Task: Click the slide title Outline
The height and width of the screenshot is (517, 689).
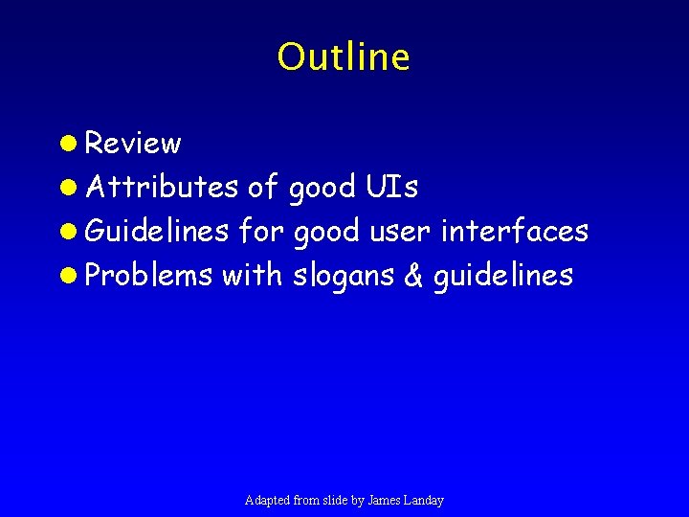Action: click(344, 57)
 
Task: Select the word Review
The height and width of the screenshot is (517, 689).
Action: click(133, 144)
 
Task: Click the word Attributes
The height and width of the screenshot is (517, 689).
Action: click(162, 188)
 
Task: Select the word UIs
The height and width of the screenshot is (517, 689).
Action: click(392, 188)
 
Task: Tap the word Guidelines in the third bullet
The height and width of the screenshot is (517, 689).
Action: click(157, 232)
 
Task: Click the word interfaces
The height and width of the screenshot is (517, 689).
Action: click(515, 232)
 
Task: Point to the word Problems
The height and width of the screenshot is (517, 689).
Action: click(149, 276)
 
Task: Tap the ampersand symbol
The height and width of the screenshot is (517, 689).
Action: click(413, 276)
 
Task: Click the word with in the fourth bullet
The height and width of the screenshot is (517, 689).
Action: click(253, 276)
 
